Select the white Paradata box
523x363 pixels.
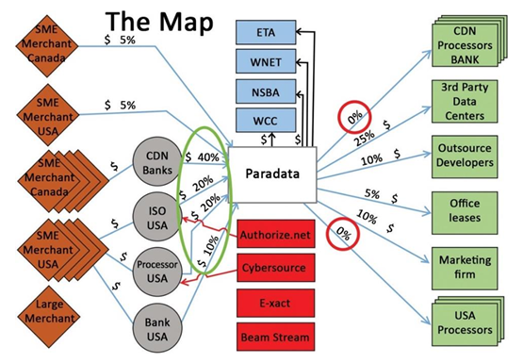[x=272, y=175]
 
